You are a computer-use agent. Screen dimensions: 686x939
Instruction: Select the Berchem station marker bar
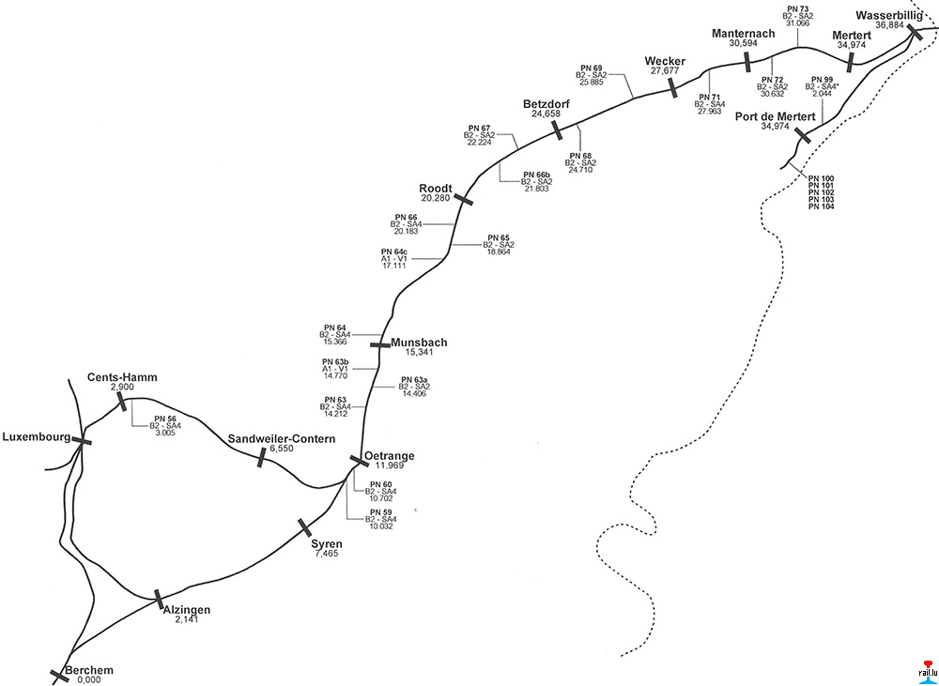(x=59, y=676)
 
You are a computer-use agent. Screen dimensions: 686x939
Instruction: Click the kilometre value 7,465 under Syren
(x=327, y=554)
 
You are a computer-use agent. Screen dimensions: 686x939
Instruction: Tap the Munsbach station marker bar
(x=379, y=344)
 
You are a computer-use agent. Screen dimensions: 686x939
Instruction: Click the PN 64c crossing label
(x=393, y=252)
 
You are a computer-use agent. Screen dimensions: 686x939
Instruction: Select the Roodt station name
(x=436, y=189)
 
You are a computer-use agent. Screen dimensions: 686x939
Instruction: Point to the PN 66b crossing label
(x=536, y=175)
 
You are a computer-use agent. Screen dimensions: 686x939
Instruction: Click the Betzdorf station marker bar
(x=557, y=129)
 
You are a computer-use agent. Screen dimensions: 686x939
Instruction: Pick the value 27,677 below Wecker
(x=664, y=71)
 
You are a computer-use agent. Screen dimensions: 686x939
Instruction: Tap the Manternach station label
(x=744, y=34)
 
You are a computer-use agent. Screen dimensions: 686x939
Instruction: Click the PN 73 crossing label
(x=797, y=8)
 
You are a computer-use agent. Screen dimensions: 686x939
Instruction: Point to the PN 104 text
(x=821, y=206)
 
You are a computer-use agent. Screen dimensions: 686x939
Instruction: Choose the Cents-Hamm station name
(x=122, y=377)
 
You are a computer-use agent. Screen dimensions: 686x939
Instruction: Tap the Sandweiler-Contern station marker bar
(x=261, y=457)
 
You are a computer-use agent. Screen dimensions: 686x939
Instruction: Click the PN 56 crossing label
(x=165, y=418)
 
